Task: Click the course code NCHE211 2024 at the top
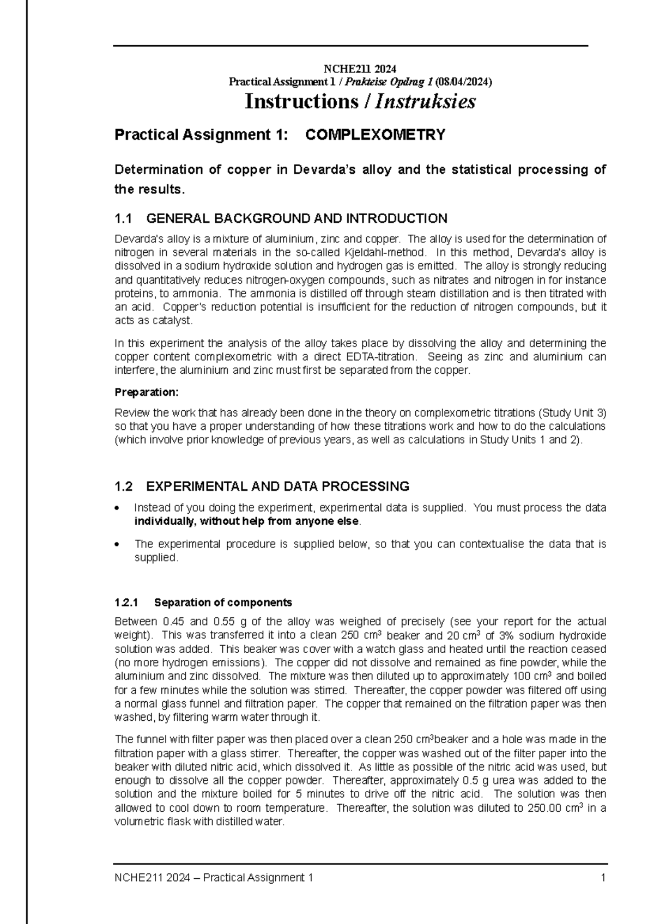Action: click(360, 69)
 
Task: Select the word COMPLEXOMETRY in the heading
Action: click(376, 135)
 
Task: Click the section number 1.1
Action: click(123, 219)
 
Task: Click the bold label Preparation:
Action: click(146, 392)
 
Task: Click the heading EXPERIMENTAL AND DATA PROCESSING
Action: click(278, 486)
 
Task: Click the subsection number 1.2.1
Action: click(127, 603)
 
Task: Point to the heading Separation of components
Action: click(223, 603)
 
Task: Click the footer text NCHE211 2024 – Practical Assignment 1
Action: click(214, 878)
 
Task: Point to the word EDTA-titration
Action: click(381, 357)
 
